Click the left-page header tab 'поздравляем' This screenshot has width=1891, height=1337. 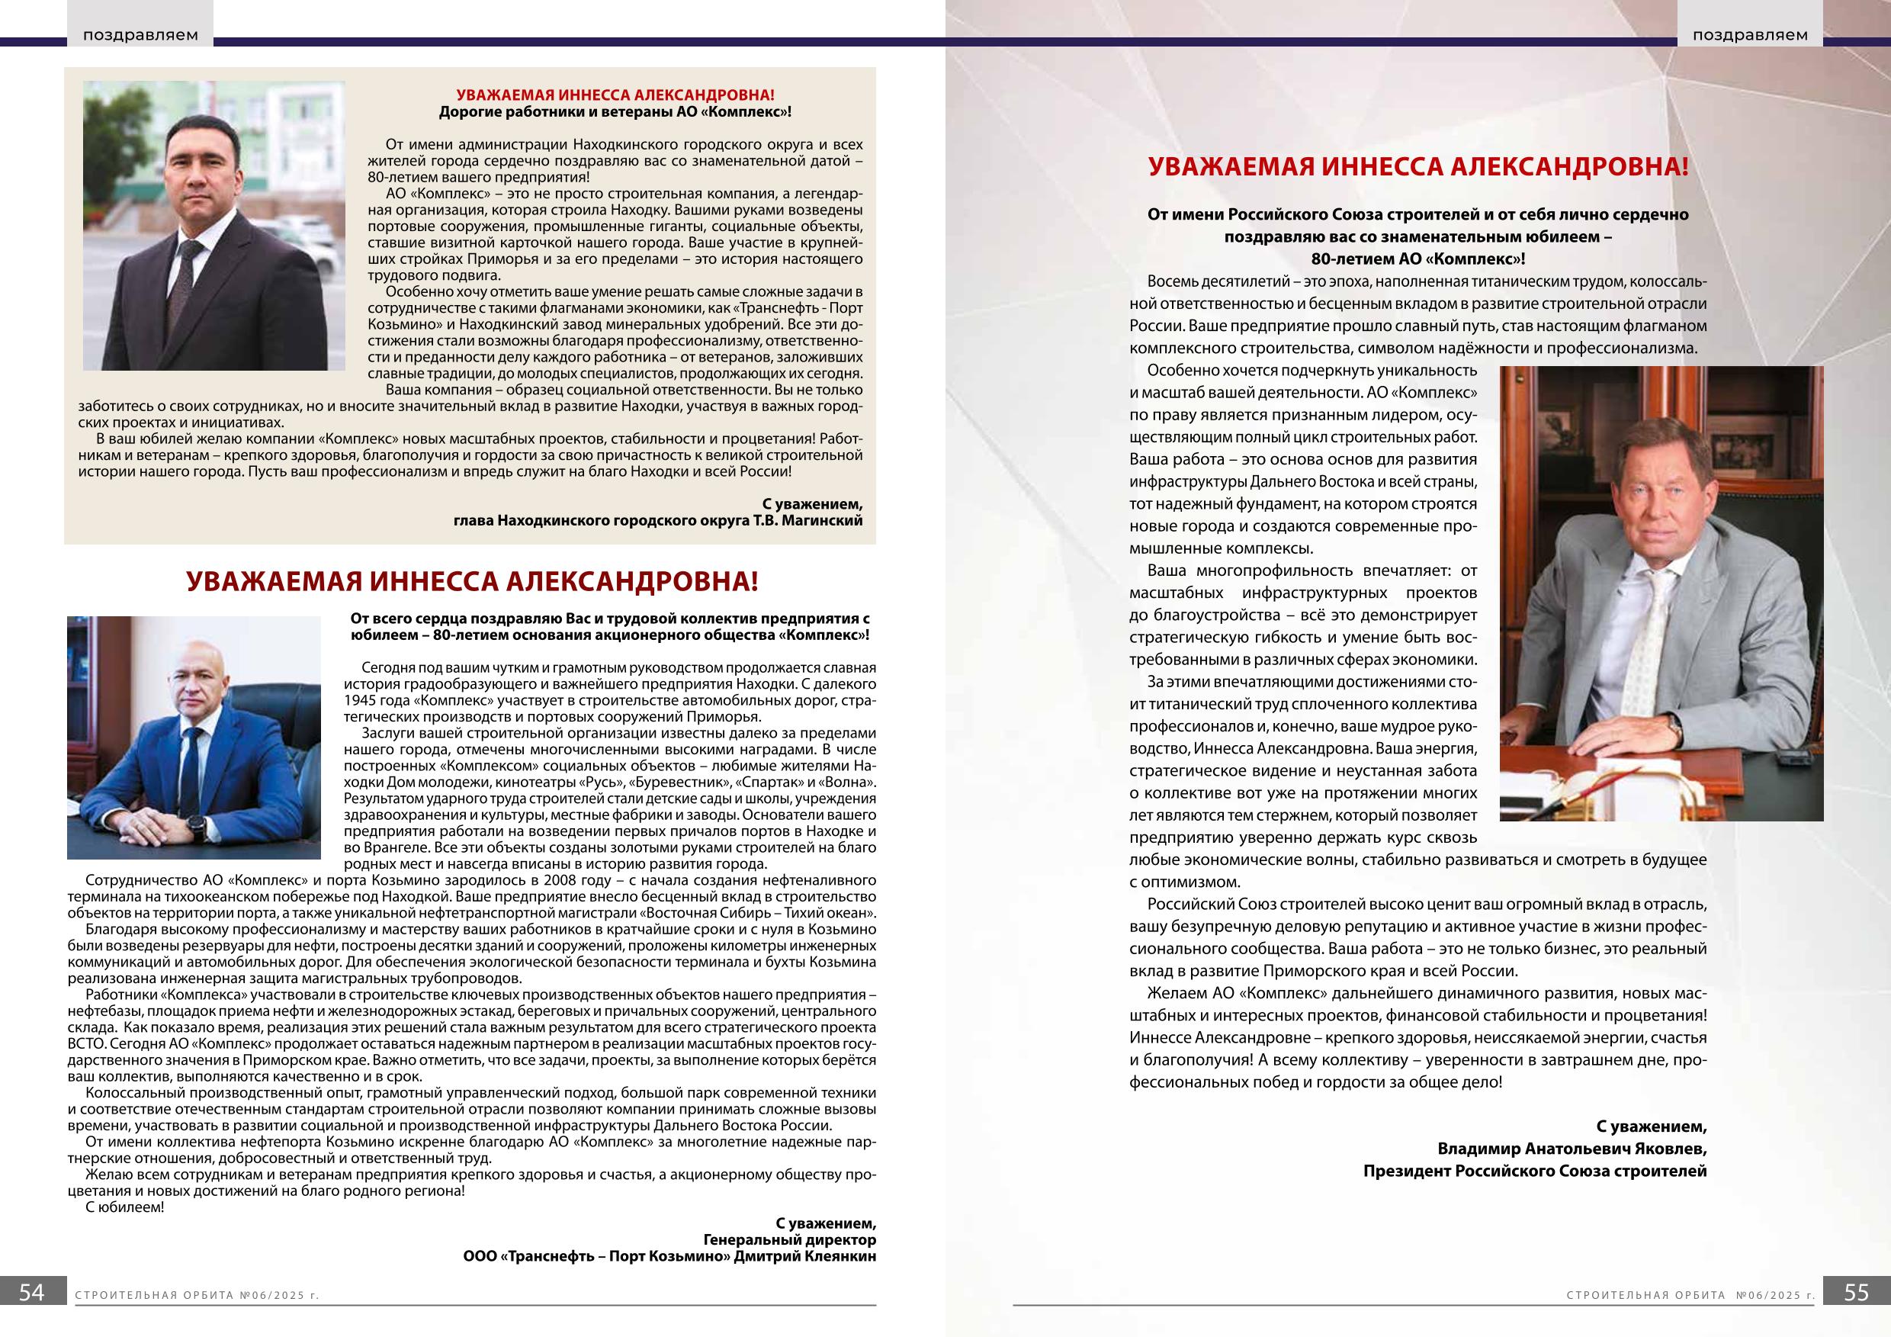140,35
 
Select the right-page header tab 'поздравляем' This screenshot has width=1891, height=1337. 1749,35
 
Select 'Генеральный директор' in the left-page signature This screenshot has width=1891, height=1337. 789,1240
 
